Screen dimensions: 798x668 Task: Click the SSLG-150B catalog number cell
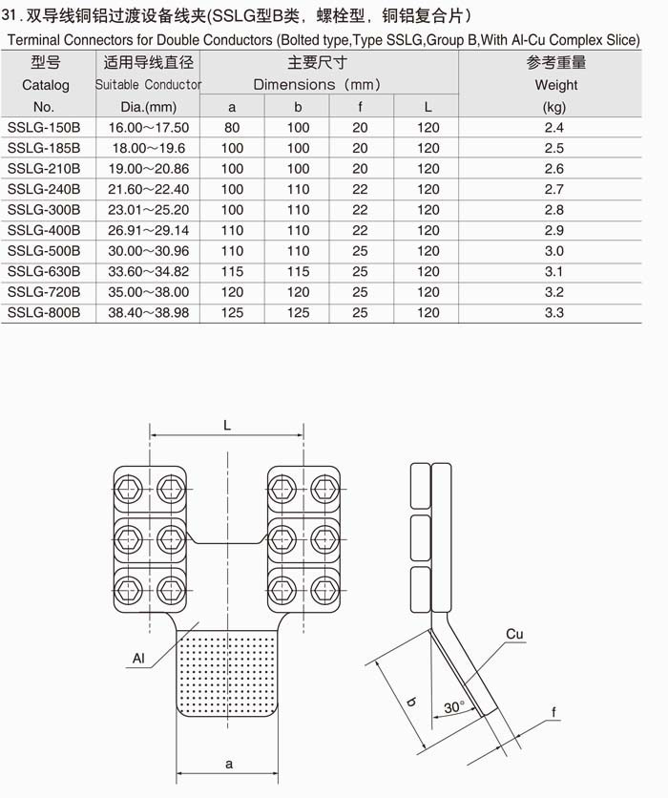coord(44,128)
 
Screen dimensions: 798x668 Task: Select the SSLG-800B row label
coord(44,313)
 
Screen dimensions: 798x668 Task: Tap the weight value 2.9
coord(554,230)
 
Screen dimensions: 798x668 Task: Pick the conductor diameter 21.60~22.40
coord(149,189)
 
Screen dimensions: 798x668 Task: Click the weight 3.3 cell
coord(554,313)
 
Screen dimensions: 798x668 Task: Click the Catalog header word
coord(46,85)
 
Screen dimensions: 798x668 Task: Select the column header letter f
coord(360,107)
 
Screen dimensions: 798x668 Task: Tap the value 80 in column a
coord(232,128)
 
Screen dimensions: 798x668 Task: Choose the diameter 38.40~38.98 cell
coord(149,313)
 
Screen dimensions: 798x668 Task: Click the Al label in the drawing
coord(139,658)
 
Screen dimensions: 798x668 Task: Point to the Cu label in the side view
coord(514,635)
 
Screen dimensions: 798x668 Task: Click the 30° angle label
coord(455,707)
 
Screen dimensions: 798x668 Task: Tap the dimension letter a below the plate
coord(228,763)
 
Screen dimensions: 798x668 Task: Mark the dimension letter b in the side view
coord(411,703)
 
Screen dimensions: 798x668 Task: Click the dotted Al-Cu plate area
coord(228,668)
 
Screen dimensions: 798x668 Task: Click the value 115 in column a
coord(232,272)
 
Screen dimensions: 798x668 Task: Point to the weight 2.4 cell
coord(554,128)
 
